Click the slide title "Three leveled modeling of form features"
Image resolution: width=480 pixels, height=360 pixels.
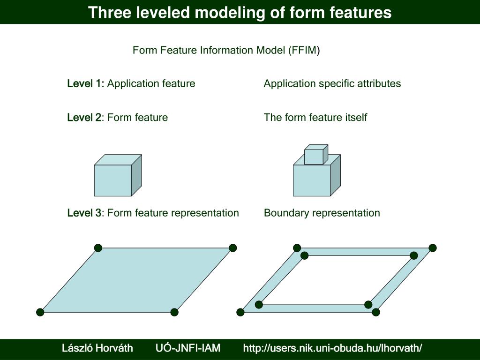[x=240, y=12]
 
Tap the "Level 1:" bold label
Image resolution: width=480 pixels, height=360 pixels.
[x=86, y=84]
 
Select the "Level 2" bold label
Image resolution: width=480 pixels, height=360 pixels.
[x=84, y=118]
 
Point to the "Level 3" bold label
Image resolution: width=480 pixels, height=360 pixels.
[x=84, y=213]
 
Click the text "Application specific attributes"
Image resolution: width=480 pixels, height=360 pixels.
[x=332, y=84]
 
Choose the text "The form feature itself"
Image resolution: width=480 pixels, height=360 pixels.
[x=315, y=118]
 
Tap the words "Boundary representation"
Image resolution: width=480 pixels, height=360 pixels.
[x=322, y=213]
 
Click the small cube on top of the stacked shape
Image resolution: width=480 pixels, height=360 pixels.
[x=315, y=156]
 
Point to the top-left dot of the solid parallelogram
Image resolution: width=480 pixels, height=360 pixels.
[x=98, y=248]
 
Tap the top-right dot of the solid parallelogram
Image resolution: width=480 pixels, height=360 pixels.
[x=232, y=248]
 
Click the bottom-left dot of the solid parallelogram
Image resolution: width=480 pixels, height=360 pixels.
[x=40, y=312]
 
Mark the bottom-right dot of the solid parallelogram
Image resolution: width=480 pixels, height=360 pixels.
[x=174, y=312]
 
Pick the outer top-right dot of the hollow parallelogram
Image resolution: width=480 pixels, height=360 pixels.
[x=432, y=247]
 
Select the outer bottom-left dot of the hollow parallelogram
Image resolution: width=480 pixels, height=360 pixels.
[x=241, y=312]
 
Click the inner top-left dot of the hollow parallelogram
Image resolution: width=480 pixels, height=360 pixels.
[x=305, y=255]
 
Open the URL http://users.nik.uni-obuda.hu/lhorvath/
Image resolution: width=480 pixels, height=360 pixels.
[x=332, y=348]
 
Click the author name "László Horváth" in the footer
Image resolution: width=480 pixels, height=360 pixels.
[x=97, y=348]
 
